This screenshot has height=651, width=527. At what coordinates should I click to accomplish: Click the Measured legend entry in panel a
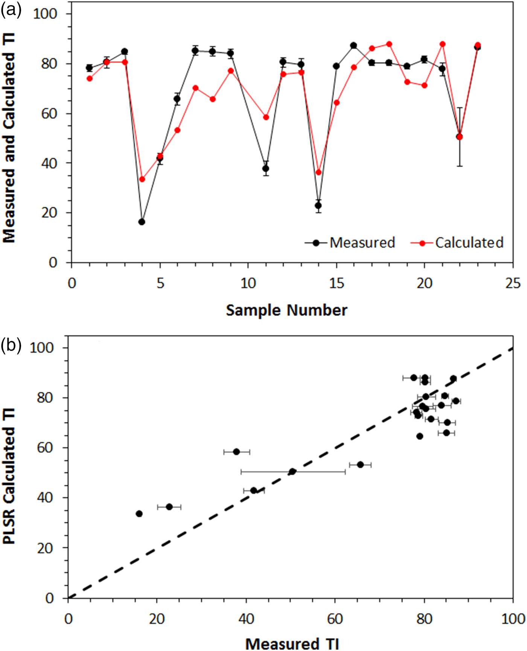(x=350, y=243)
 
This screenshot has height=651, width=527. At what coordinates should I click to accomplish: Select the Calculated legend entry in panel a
(x=457, y=243)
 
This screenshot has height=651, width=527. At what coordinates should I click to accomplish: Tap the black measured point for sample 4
(x=142, y=222)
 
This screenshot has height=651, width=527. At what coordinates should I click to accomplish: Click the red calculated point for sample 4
(x=142, y=179)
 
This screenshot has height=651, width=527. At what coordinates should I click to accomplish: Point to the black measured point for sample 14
(x=318, y=206)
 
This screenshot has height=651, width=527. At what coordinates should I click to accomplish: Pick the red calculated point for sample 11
(x=266, y=117)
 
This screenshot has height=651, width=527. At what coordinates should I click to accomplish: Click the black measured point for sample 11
(x=266, y=168)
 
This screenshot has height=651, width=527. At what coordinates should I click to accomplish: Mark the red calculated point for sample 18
(x=389, y=44)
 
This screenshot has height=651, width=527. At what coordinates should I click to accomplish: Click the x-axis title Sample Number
(x=286, y=310)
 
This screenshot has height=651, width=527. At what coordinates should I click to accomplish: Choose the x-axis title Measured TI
(x=292, y=643)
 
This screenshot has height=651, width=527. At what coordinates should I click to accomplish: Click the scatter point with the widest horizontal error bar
(x=292, y=471)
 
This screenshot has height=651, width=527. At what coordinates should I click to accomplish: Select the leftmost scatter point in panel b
(x=139, y=514)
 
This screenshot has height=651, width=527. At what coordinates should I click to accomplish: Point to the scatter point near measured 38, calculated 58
(x=236, y=451)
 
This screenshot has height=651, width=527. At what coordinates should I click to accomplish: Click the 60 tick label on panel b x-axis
(x=335, y=619)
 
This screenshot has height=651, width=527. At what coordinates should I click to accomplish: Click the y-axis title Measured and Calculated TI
(x=9, y=137)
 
